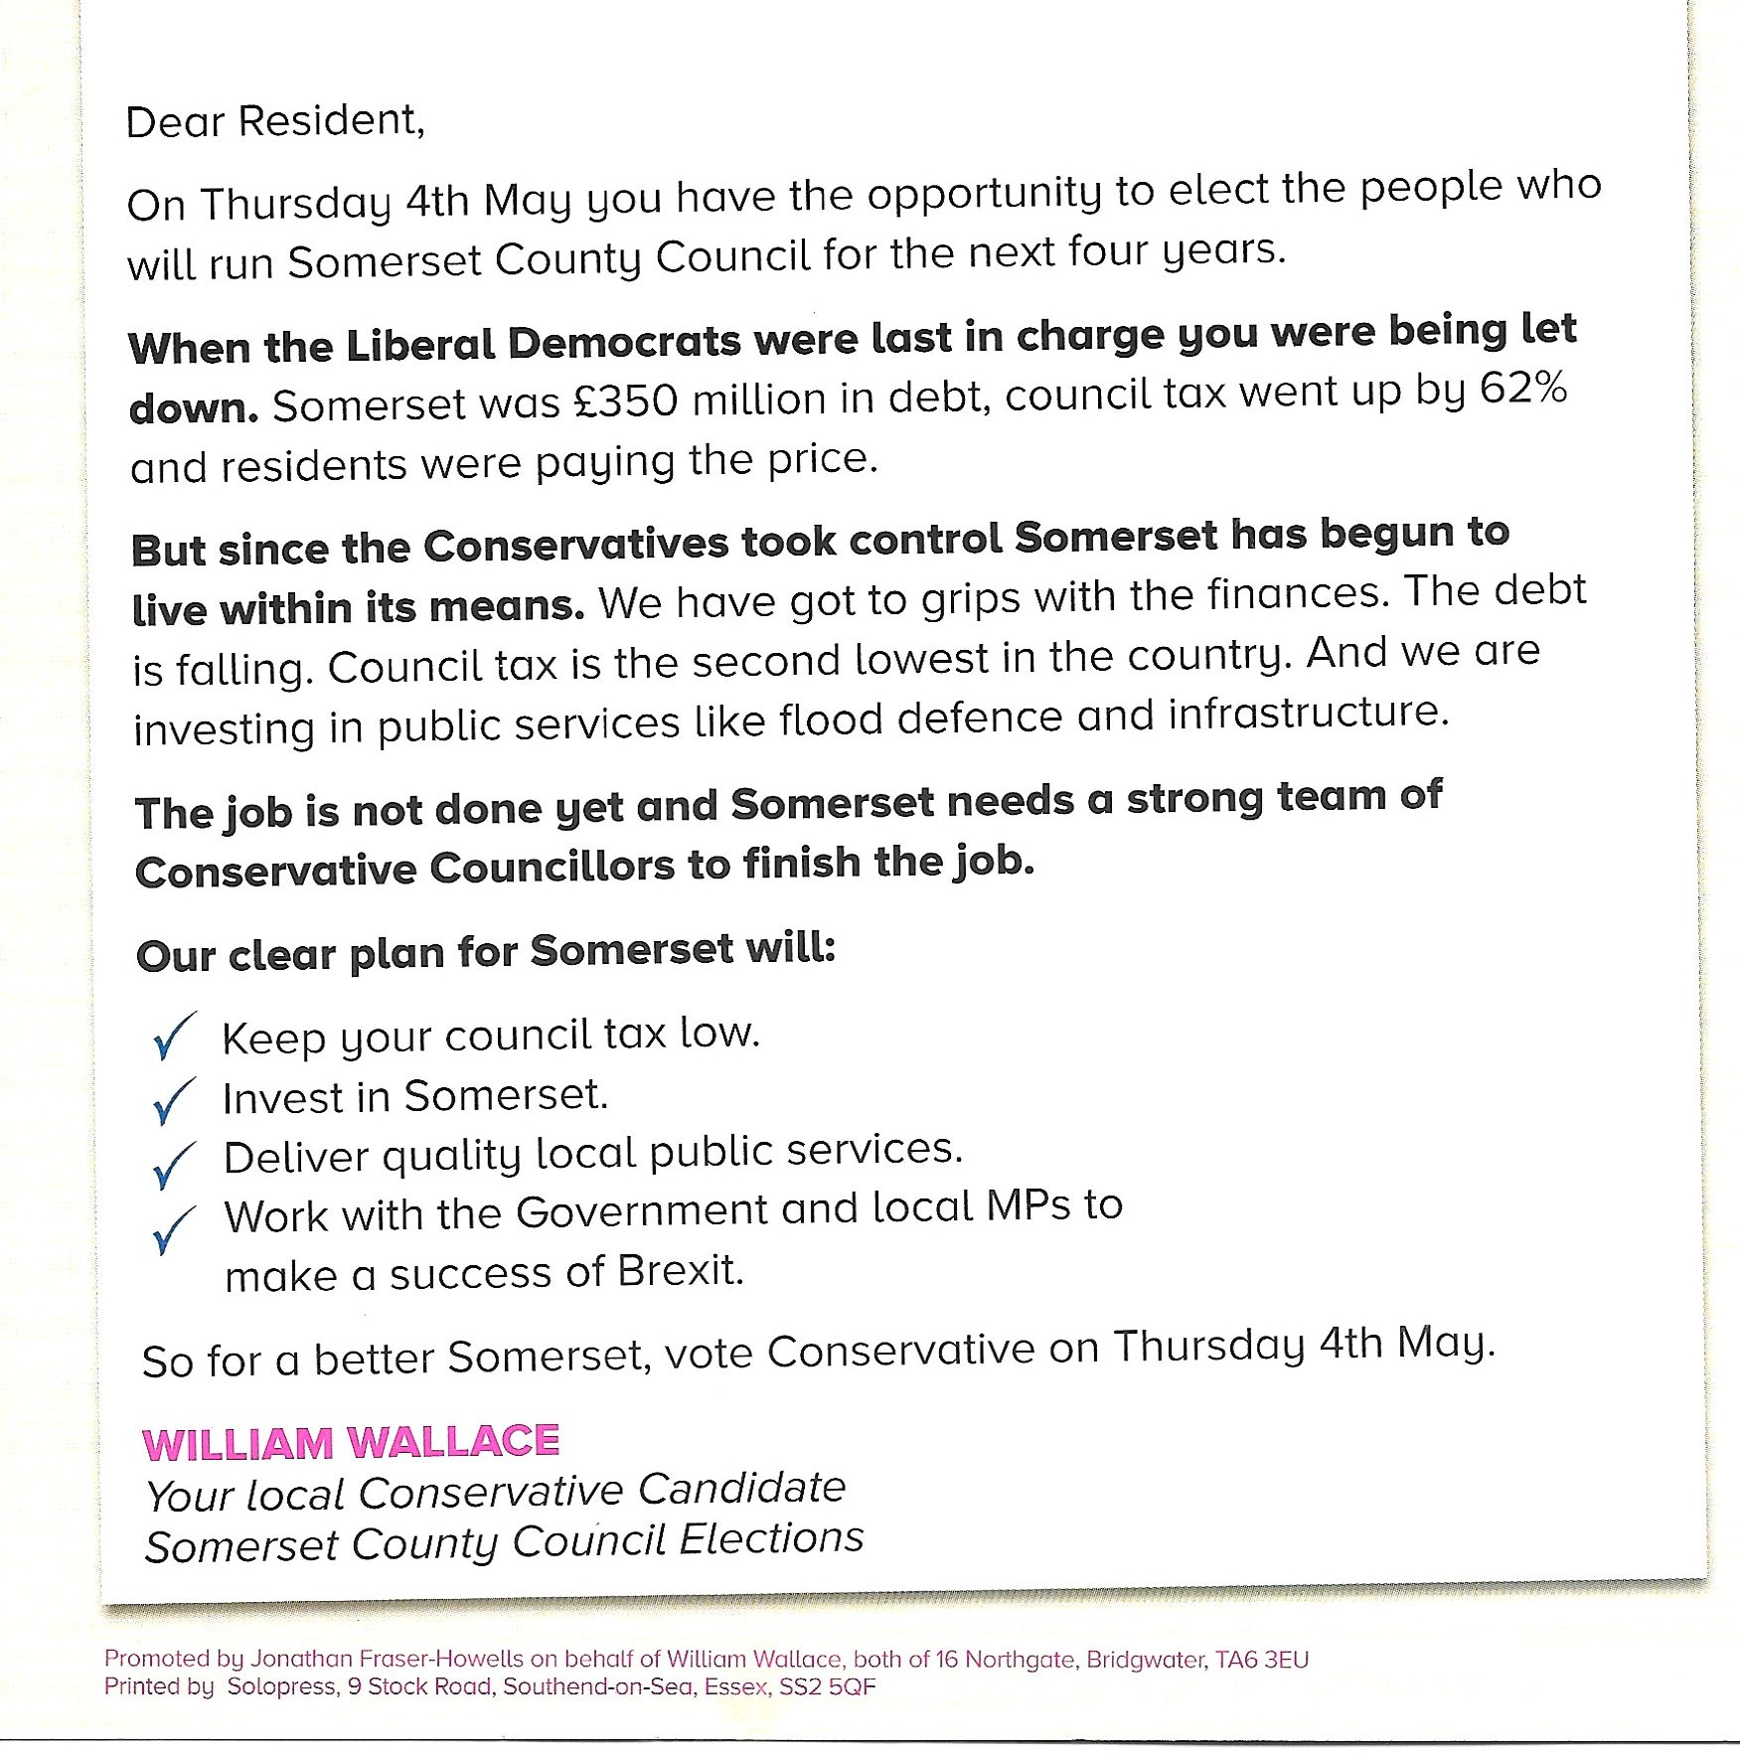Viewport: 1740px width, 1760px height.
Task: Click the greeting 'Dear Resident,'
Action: point(275,122)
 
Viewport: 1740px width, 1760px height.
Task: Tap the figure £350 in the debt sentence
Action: point(626,400)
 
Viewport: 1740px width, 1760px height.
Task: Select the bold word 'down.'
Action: point(194,408)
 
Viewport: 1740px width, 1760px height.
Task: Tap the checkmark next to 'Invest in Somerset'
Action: point(173,1101)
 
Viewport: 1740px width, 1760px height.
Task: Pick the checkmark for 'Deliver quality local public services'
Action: point(173,1164)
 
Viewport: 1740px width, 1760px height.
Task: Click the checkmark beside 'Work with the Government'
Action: point(173,1229)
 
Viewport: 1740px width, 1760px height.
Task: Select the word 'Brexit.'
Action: point(681,1271)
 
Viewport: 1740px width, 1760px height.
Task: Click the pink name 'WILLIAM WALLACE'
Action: point(351,1443)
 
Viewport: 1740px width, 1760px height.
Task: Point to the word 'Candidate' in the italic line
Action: point(741,1489)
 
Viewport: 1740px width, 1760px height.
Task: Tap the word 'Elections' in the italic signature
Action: point(772,1539)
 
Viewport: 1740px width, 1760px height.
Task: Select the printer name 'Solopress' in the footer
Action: point(281,1686)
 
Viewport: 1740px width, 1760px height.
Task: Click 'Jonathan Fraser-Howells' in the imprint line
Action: point(387,1659)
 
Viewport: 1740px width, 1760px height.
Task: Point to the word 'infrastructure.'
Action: point(1309,715)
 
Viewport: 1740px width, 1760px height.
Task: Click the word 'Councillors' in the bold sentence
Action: point(553,868)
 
